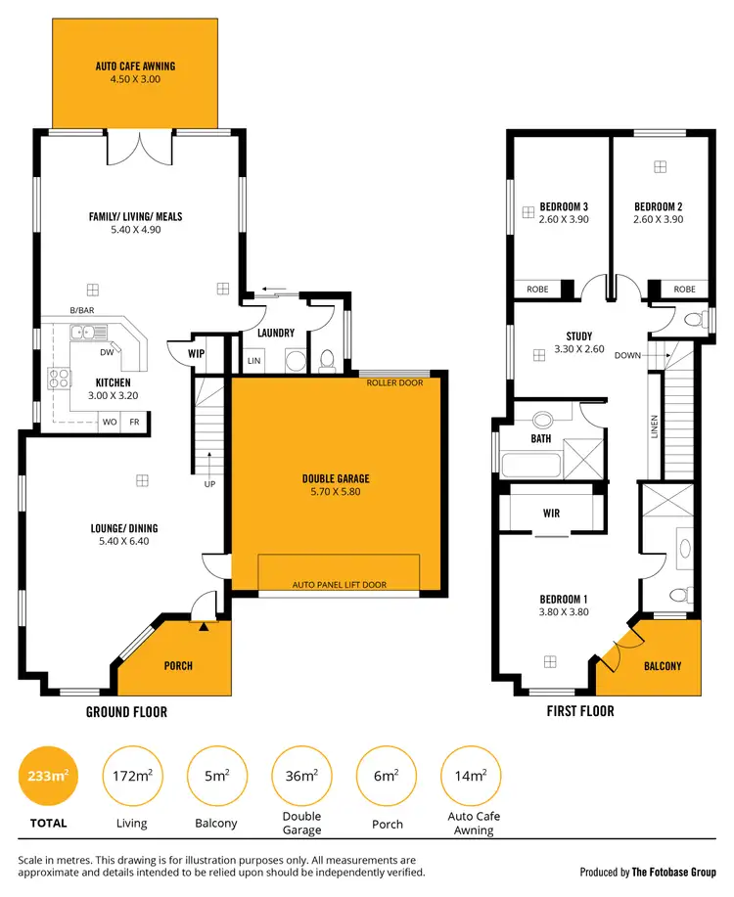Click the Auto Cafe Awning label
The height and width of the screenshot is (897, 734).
coord(135,67)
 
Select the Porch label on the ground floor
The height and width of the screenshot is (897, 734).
coord(178,666)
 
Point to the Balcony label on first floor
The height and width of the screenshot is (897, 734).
coord(664,666)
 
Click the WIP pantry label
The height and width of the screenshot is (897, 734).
coord(196,353)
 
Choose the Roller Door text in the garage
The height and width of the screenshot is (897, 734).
coord(395,382)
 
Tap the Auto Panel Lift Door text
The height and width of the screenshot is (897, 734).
coord(340,585)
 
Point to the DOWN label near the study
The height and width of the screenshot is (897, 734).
coord(627,355)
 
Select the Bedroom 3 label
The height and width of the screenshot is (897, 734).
coord(564,206)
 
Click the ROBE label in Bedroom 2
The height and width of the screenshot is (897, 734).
coord(684,290)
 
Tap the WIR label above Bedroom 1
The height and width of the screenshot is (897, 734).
coord(550,513)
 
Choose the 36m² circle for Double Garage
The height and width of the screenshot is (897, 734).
coord(301,776)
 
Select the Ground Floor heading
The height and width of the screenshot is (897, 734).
coord(126,712)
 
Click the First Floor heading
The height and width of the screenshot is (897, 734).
coord(580,711)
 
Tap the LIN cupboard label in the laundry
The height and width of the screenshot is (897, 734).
coord(255,361)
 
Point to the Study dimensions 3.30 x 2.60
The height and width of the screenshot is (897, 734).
coord(566,348)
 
